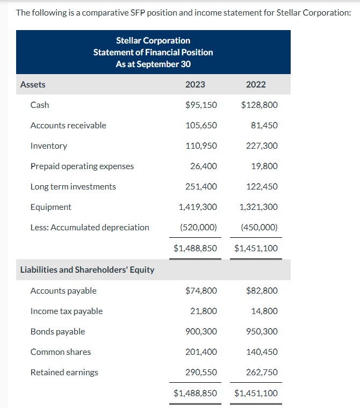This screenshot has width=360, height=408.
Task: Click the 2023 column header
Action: (195, 84)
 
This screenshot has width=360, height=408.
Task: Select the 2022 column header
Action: (256, 84)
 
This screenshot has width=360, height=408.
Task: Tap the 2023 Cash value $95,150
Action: (201, 105)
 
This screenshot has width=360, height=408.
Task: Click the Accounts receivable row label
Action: (68, 125)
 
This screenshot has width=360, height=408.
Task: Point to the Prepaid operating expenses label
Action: (82, 166)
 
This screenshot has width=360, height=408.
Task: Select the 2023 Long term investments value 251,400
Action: (201, 186)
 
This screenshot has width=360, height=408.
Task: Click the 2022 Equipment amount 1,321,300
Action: (259, 207)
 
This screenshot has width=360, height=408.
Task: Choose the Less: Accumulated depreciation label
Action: (90, 227)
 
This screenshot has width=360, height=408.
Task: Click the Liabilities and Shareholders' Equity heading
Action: (87, 269)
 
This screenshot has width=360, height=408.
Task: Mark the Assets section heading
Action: (33, 84)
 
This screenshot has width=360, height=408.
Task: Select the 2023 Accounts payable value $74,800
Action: (201, 290)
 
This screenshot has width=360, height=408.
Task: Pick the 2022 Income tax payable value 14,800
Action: (264, 311)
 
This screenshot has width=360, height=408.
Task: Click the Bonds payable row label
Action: (57, 331)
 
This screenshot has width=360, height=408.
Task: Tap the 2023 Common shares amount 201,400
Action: (201, 352)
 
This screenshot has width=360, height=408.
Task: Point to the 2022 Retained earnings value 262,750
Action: (262, 372)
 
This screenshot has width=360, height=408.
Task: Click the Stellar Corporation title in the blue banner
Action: (153, 40)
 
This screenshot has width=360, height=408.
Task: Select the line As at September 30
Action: (153, 64)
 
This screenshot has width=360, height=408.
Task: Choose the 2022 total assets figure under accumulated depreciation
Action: (256, 249)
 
